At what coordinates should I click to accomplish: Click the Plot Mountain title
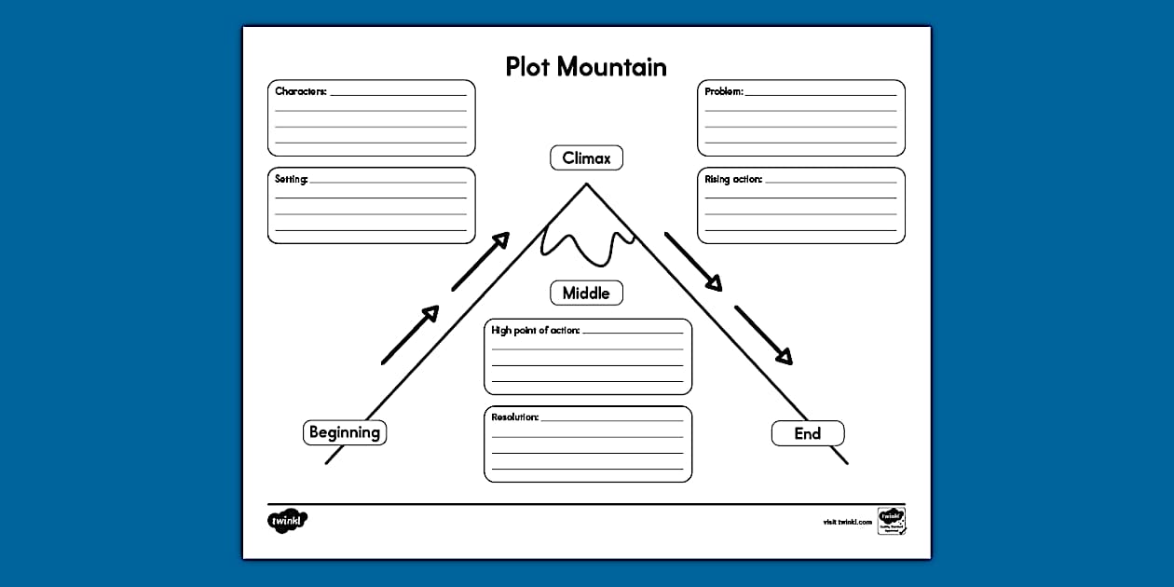pos(586,66)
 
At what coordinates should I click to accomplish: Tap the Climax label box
pos(586,158)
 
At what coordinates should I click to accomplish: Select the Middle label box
pos(586,293)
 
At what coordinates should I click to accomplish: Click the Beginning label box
pos(345,432)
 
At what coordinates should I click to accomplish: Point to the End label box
pos(808,433)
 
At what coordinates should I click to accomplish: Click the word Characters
pos(300,91)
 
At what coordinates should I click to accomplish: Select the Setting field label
pos(291,179)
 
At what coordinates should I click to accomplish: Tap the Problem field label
pos(723,91)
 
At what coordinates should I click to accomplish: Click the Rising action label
pos(733,179)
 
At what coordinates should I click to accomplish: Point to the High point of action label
pos(535,330)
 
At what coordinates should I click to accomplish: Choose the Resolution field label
pos(514,416)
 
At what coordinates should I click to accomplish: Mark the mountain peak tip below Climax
pos(586,184)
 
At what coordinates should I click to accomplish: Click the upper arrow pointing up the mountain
pos(481,261)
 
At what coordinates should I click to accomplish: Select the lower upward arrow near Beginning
pos(410,334)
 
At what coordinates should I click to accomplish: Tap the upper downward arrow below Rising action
pos(693,262)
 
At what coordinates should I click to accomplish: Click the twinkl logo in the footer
pos(287,521)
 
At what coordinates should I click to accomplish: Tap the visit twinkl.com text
pos(847,522)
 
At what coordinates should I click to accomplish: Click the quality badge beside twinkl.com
pos(891,521)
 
